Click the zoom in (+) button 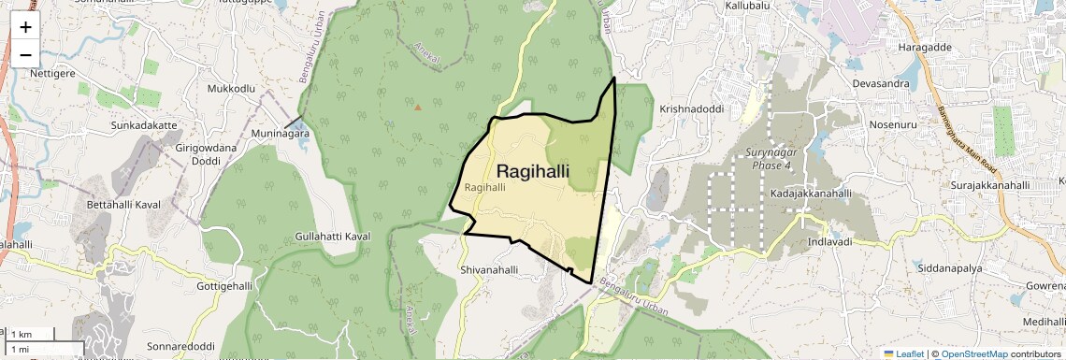click(x=25, y=27)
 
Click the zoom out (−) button click(x=25, y=54)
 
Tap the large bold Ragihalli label click(x=533, y=171)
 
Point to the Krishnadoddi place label click(x=692, y=108)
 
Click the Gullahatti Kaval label click(x=333, y=237)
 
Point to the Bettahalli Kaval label click(x=123, y=204)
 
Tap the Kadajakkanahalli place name click(x=811, y=194)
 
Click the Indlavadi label click(x=829, y=242)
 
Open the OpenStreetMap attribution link click(x=973, y=353)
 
